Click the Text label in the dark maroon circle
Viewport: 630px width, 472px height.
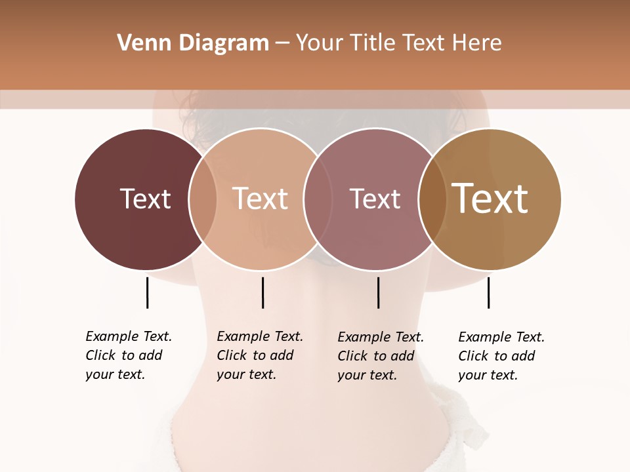coord(145,199)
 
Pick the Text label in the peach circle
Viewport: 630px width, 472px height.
coord(260,199)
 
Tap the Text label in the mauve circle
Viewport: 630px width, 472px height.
coord(375,199)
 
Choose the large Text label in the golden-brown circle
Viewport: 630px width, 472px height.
coord(490,199)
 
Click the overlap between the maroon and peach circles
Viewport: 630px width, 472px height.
coord(203,199)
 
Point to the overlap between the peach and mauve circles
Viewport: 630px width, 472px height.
coord(317,199)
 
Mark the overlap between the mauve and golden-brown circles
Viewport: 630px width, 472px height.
coord(432,199)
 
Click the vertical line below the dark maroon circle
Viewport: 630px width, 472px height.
coord(147,292)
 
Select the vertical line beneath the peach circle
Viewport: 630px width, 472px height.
coord(262,292)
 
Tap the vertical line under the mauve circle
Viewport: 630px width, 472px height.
coord(378,292)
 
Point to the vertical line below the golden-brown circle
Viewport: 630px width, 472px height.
coord(488,292)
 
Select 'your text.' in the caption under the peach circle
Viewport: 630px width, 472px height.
coord(246,374)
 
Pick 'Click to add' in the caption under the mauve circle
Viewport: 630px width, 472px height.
coord(376,356)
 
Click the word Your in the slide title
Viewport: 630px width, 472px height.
coord(319,43)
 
